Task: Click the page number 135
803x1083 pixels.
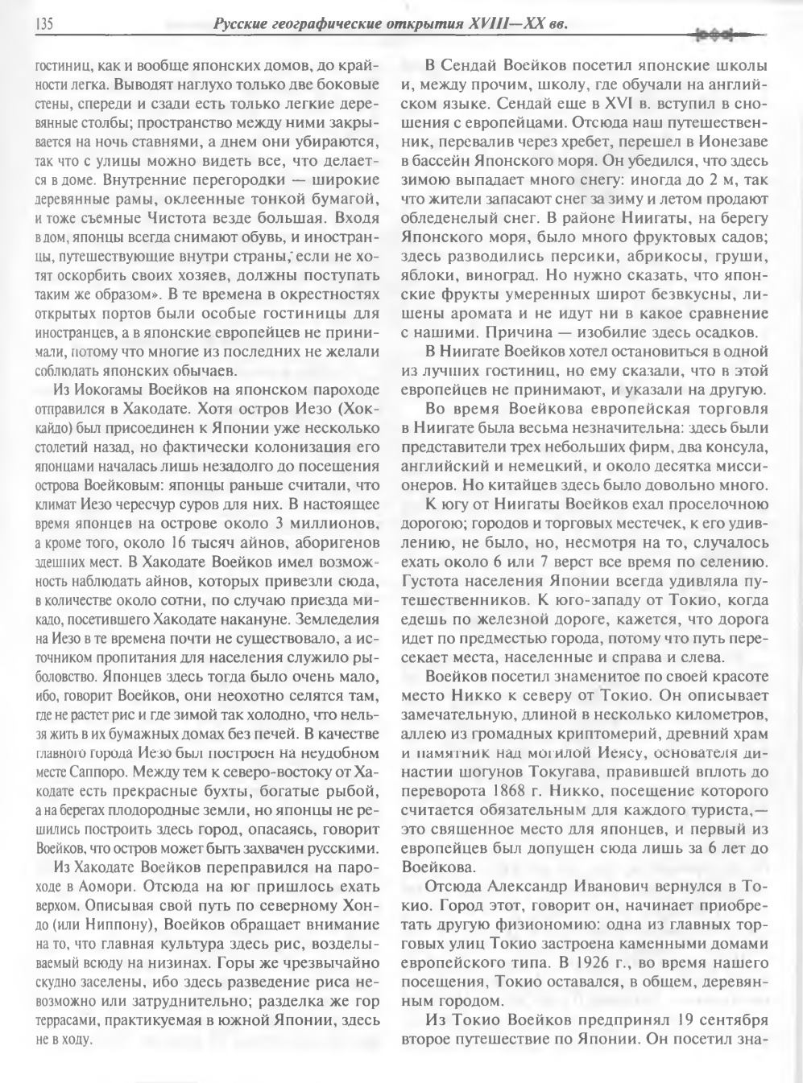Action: coord(43,25)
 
